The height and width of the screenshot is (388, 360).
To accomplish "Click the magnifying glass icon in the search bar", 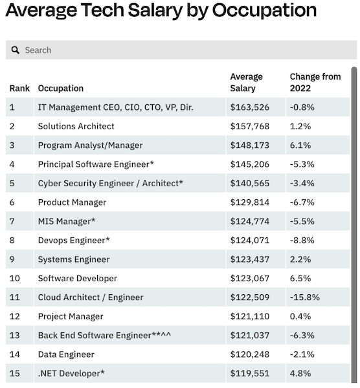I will (x=16, y=50).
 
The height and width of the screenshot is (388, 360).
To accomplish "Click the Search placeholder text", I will (x=38, y=50).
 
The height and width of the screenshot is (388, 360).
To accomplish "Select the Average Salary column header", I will (x=247, y=82).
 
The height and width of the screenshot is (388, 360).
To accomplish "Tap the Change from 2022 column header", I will (x=315, y=82).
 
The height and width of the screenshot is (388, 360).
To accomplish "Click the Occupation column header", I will (x=61, y=88).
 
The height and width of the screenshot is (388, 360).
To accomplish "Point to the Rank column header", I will (x=19, y=88).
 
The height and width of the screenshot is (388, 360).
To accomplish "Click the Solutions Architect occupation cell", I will (x=76, y=126).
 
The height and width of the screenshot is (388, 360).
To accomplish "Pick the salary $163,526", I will (x=250, y=107).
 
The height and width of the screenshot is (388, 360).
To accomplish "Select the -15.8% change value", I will (x=305, y=297).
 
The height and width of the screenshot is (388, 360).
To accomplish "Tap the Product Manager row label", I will (x=72, y=202).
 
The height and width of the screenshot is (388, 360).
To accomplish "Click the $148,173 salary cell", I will (x=250, y=145).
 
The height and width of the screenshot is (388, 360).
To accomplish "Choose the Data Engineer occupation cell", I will (x=66, y=354).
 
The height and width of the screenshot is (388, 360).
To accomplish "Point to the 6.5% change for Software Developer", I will (x=300, y=279).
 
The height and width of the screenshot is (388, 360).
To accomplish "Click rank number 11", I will (x=14, y=297).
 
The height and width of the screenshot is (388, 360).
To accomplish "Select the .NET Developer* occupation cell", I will (x=71, y=373).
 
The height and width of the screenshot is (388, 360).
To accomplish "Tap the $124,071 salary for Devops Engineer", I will (x=250, y=241).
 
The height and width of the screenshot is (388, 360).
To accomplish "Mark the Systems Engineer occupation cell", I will (x=74, y=259).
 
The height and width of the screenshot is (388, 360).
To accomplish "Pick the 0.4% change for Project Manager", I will (x=300, y=316).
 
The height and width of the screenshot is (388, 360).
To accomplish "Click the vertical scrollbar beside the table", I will (x=354, y=194).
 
